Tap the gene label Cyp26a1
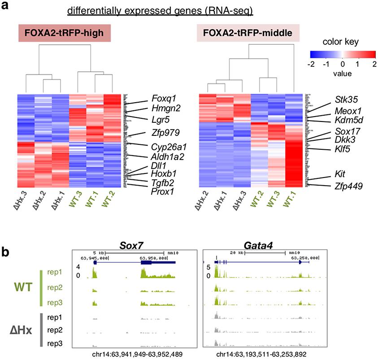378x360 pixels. click(162, 146)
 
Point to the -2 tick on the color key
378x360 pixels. click(311, 64)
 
